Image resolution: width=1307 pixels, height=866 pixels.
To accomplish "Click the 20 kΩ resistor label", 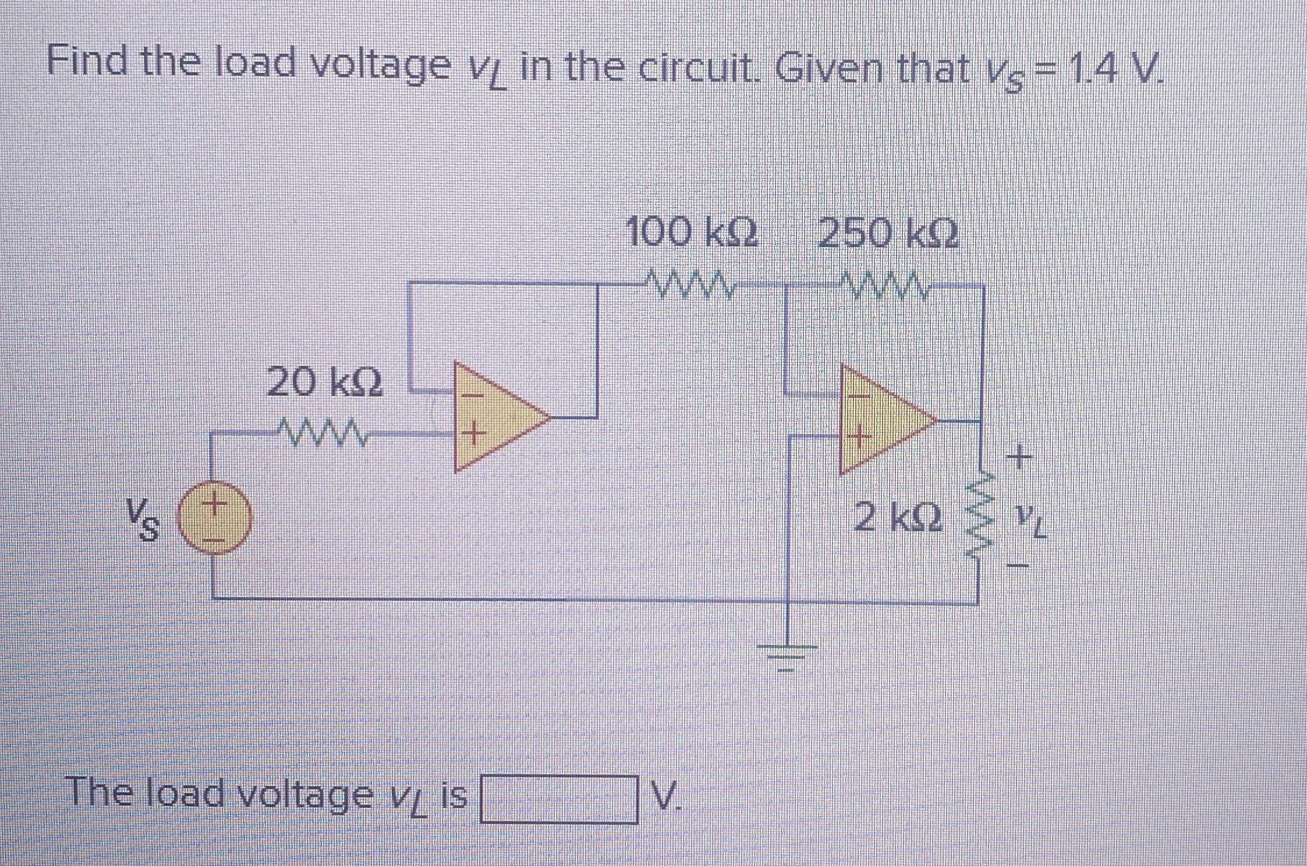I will coord(325,383).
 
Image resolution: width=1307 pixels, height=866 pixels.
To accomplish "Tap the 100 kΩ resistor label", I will coord(692,234).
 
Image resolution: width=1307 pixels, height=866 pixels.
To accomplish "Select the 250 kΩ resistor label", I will coord(888,234).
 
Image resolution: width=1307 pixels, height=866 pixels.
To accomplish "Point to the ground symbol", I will coord(787,656).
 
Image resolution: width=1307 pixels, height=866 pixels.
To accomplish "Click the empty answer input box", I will coord(558,799).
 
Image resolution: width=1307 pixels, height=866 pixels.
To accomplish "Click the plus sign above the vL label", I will coord(1019,456).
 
